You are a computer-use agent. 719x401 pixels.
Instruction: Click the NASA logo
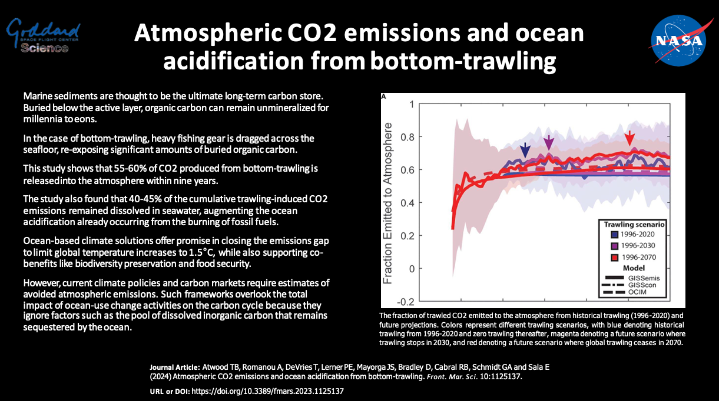pyautogui.click(x=677, y=40)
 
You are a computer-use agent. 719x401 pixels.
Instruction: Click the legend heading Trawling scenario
pyautogui.click(x=634, y=225)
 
